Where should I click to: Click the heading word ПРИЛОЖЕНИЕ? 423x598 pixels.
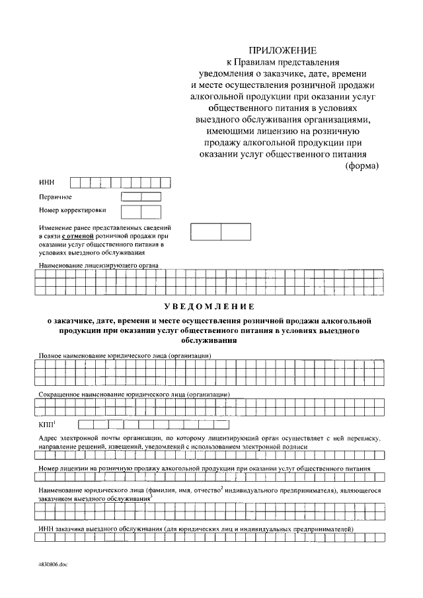click(282, 50)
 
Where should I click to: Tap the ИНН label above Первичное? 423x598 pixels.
click(46, 182)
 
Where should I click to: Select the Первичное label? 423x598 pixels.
click(56, 197)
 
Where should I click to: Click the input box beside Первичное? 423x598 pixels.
click(141, 197)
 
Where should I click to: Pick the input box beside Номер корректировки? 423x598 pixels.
click(141, 211)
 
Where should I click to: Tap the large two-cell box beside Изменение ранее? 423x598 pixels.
click(221, 232)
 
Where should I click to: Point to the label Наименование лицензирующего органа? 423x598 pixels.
click(98, 265)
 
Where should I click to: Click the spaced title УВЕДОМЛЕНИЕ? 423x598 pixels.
click(209, 307)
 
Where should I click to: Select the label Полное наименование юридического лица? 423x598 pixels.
click(125, 356)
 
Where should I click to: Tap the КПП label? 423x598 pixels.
click(47, 424)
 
